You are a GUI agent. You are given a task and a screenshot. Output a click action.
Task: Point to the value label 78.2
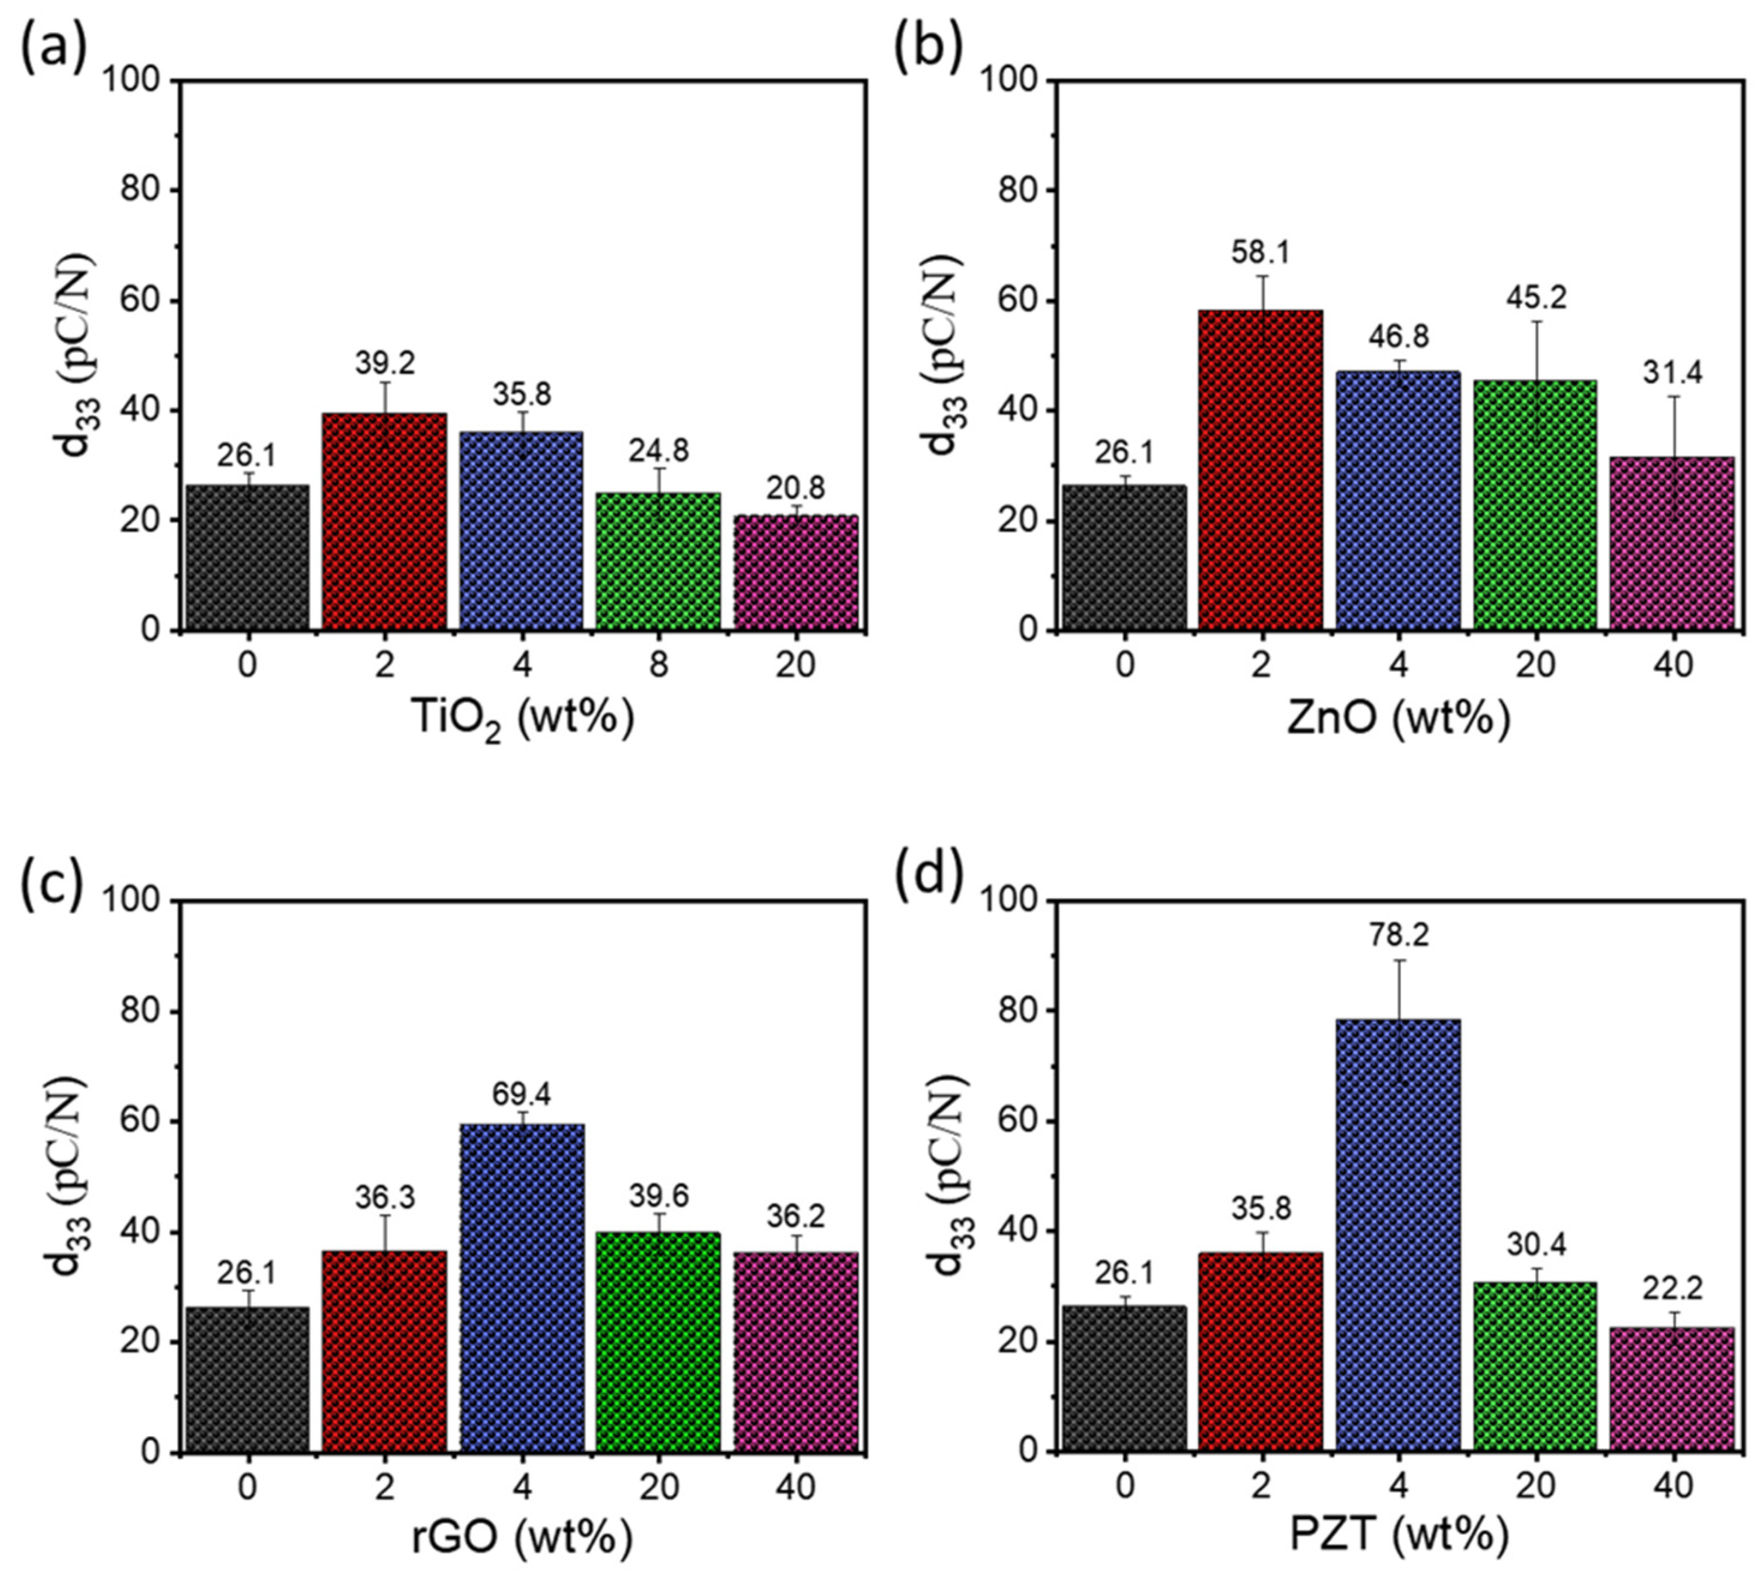point(1398,936)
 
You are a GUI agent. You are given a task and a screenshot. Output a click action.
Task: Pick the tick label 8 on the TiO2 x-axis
point(659,667)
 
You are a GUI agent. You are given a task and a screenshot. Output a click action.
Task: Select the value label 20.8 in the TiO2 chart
point(795,490)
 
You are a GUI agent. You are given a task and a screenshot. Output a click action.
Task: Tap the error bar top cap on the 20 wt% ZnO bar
point(1535,322)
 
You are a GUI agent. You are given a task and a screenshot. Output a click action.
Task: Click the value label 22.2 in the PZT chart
point(1672,1289)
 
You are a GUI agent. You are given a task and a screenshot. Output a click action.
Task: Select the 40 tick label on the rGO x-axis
point(795,1488)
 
